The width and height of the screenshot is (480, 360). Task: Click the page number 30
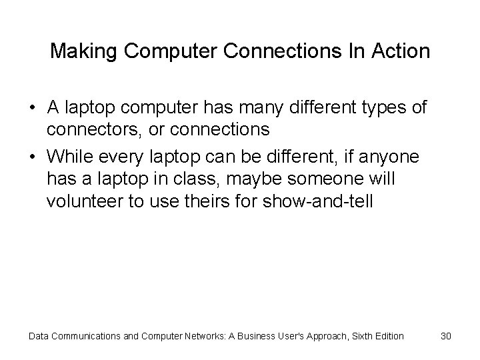[446, 336]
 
